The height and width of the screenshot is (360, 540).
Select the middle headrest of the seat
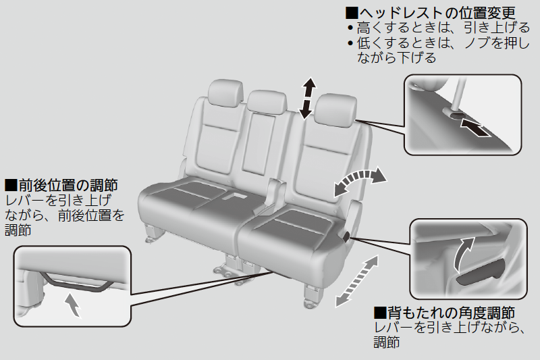point(267,101)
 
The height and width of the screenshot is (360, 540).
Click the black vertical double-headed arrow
point(307,98)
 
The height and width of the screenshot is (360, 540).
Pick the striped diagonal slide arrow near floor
point(356,280)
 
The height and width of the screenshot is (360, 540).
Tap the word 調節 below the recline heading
point(387,342)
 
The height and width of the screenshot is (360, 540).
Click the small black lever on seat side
point(346,236)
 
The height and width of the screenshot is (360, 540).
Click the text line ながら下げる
point(397,57)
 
